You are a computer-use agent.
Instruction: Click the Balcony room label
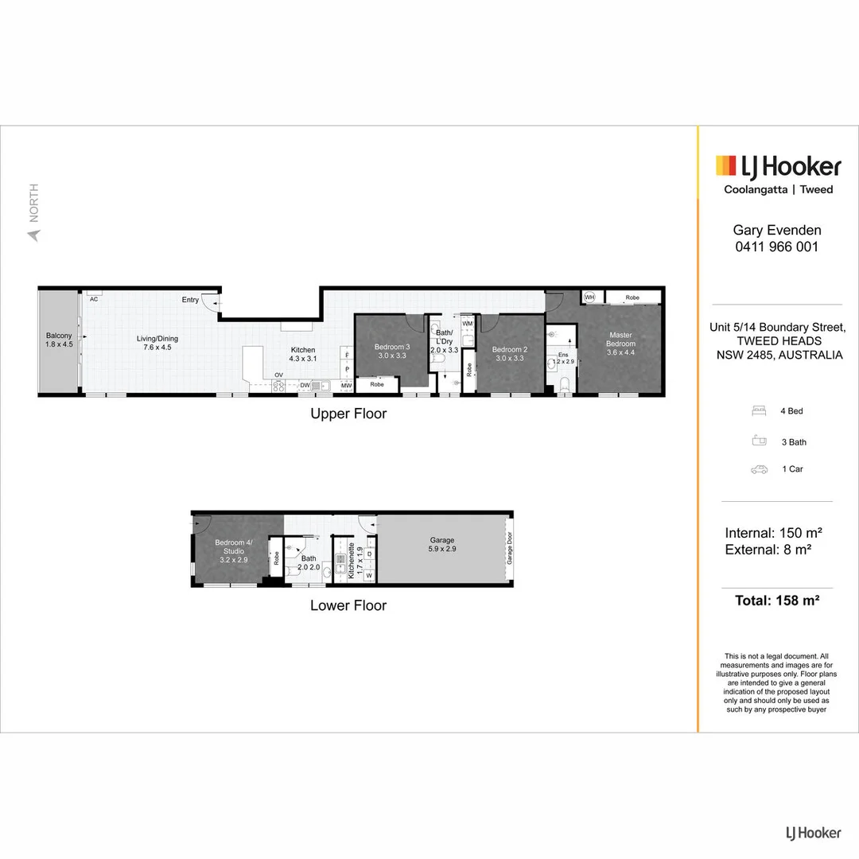point(59,340)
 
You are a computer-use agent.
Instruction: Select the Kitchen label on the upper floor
point(302,355)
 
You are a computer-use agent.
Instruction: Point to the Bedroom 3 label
point(391,352)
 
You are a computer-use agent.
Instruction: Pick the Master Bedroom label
point(620,344)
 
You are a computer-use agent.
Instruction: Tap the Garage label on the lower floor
point(442,544)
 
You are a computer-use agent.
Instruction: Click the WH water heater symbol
point(589,297)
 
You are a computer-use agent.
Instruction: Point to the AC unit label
point(94,299)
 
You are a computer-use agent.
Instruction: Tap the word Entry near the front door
point(190,300)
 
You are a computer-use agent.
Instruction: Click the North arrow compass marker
point(33,235)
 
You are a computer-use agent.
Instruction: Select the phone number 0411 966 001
point(776,247)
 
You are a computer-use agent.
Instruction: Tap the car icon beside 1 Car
point(759,469)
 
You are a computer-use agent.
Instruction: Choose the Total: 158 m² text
point(776,601)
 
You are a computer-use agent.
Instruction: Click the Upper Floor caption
point(348,414)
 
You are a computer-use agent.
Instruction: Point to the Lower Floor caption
point(348,605)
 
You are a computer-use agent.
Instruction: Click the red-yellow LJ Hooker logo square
point(725,165)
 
